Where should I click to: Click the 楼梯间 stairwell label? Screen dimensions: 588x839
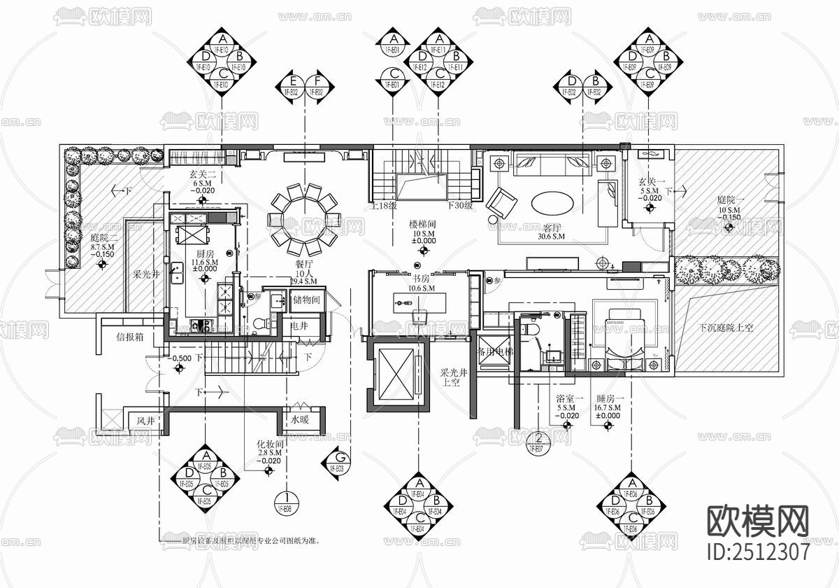pos(424,224)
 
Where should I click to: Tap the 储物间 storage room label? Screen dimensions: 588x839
pos(306,300)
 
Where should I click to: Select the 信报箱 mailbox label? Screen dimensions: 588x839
pos(130,336)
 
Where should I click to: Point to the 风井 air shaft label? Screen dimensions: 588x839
pos(145,421)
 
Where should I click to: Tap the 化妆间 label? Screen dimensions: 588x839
pos(270,444)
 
